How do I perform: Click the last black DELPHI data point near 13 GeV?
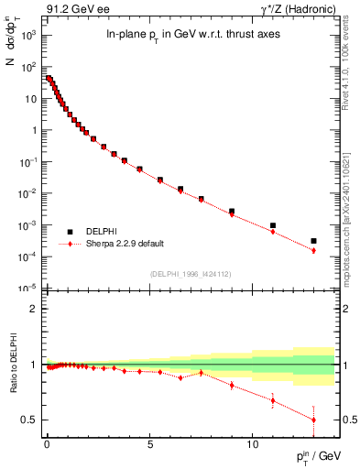[x=313, y=241]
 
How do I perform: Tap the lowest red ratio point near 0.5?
[x=313, y=420]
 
